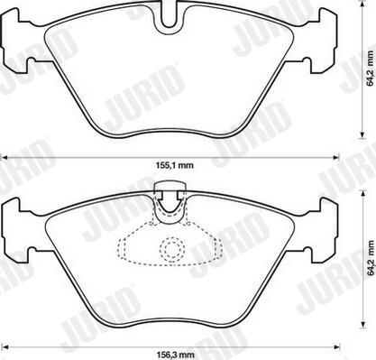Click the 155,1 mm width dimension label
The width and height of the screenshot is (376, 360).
(x=175, y=165)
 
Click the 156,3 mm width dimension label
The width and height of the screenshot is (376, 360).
(x=176, y=355)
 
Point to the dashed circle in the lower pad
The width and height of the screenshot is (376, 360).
(x=172, y=248)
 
